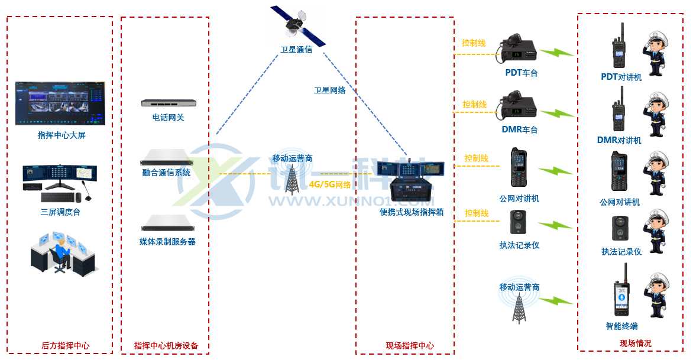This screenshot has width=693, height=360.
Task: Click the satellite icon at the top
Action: coord(297,27)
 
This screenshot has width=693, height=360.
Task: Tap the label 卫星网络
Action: coord(329,90)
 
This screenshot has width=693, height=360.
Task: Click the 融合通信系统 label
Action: coord(166,173)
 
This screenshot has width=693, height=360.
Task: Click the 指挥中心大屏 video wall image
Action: coord(60,103)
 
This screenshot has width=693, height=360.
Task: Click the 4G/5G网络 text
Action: coord(329,184)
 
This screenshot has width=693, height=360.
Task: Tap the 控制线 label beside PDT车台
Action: coord(474,43)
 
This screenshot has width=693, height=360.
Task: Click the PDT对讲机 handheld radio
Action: coord(619,48)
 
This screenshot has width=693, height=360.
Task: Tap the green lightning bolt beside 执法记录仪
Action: coord(555,226)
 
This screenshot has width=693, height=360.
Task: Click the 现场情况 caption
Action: coord(635,343)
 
